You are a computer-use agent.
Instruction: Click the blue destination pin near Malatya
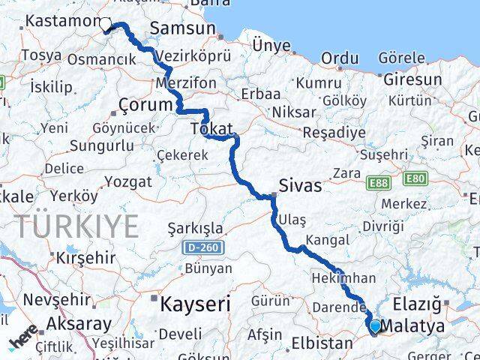pos(375,326)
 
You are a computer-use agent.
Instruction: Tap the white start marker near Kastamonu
pos(105,25)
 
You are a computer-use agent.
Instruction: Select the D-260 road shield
pos(197,247)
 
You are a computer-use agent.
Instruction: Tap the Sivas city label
pos(300,185)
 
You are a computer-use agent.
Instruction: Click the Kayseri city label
pos(194,303)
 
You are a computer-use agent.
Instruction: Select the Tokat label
pos(212,128)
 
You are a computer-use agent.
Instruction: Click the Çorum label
pos(147,106)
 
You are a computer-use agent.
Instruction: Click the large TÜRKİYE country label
pos(78,225)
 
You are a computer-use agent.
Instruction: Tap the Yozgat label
pos(127,181)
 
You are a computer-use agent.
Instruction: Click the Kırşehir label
pos(85,257)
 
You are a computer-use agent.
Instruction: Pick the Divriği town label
pos(382,226)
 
